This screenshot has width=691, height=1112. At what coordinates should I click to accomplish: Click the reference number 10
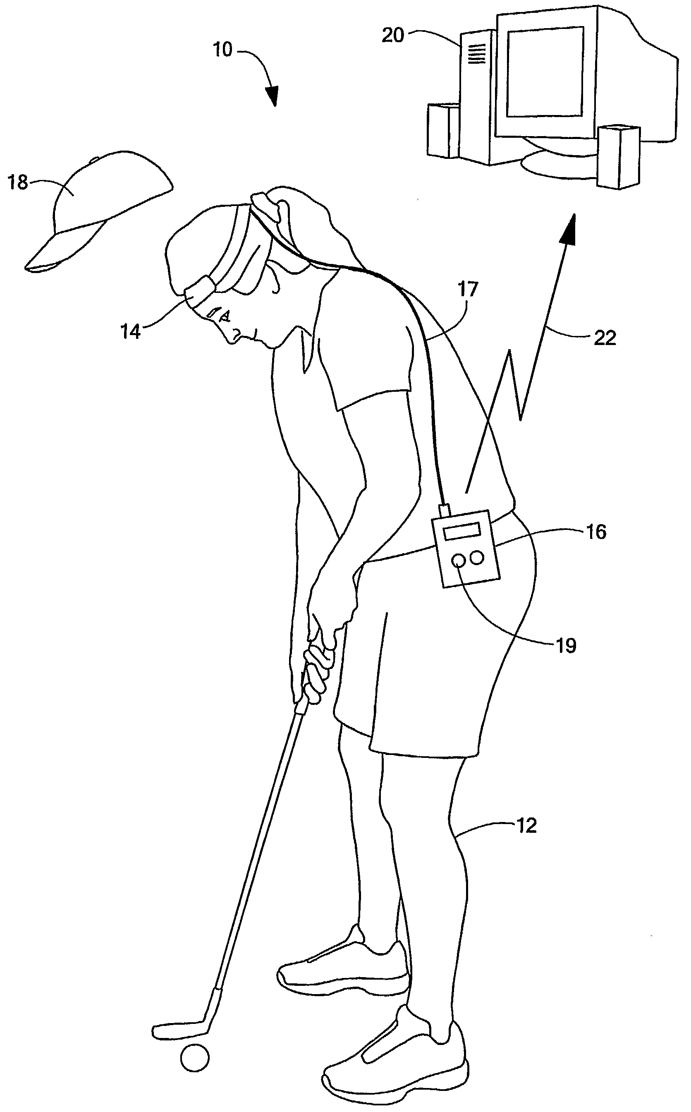[x=223, y=50]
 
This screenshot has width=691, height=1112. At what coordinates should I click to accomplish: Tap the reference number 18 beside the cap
[x=18, y=183]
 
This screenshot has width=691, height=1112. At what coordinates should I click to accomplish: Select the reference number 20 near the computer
[x=393, y=35]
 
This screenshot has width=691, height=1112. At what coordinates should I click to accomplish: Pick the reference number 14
[x=131, y=331]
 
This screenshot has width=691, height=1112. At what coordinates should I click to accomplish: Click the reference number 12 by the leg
[x=526, y=825]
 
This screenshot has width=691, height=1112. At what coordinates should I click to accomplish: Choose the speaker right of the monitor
[x=618, y=156]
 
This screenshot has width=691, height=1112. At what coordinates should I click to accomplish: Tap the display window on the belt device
[x=464, y=532]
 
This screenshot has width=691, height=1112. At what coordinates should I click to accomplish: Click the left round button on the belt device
[x=458, y=560]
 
